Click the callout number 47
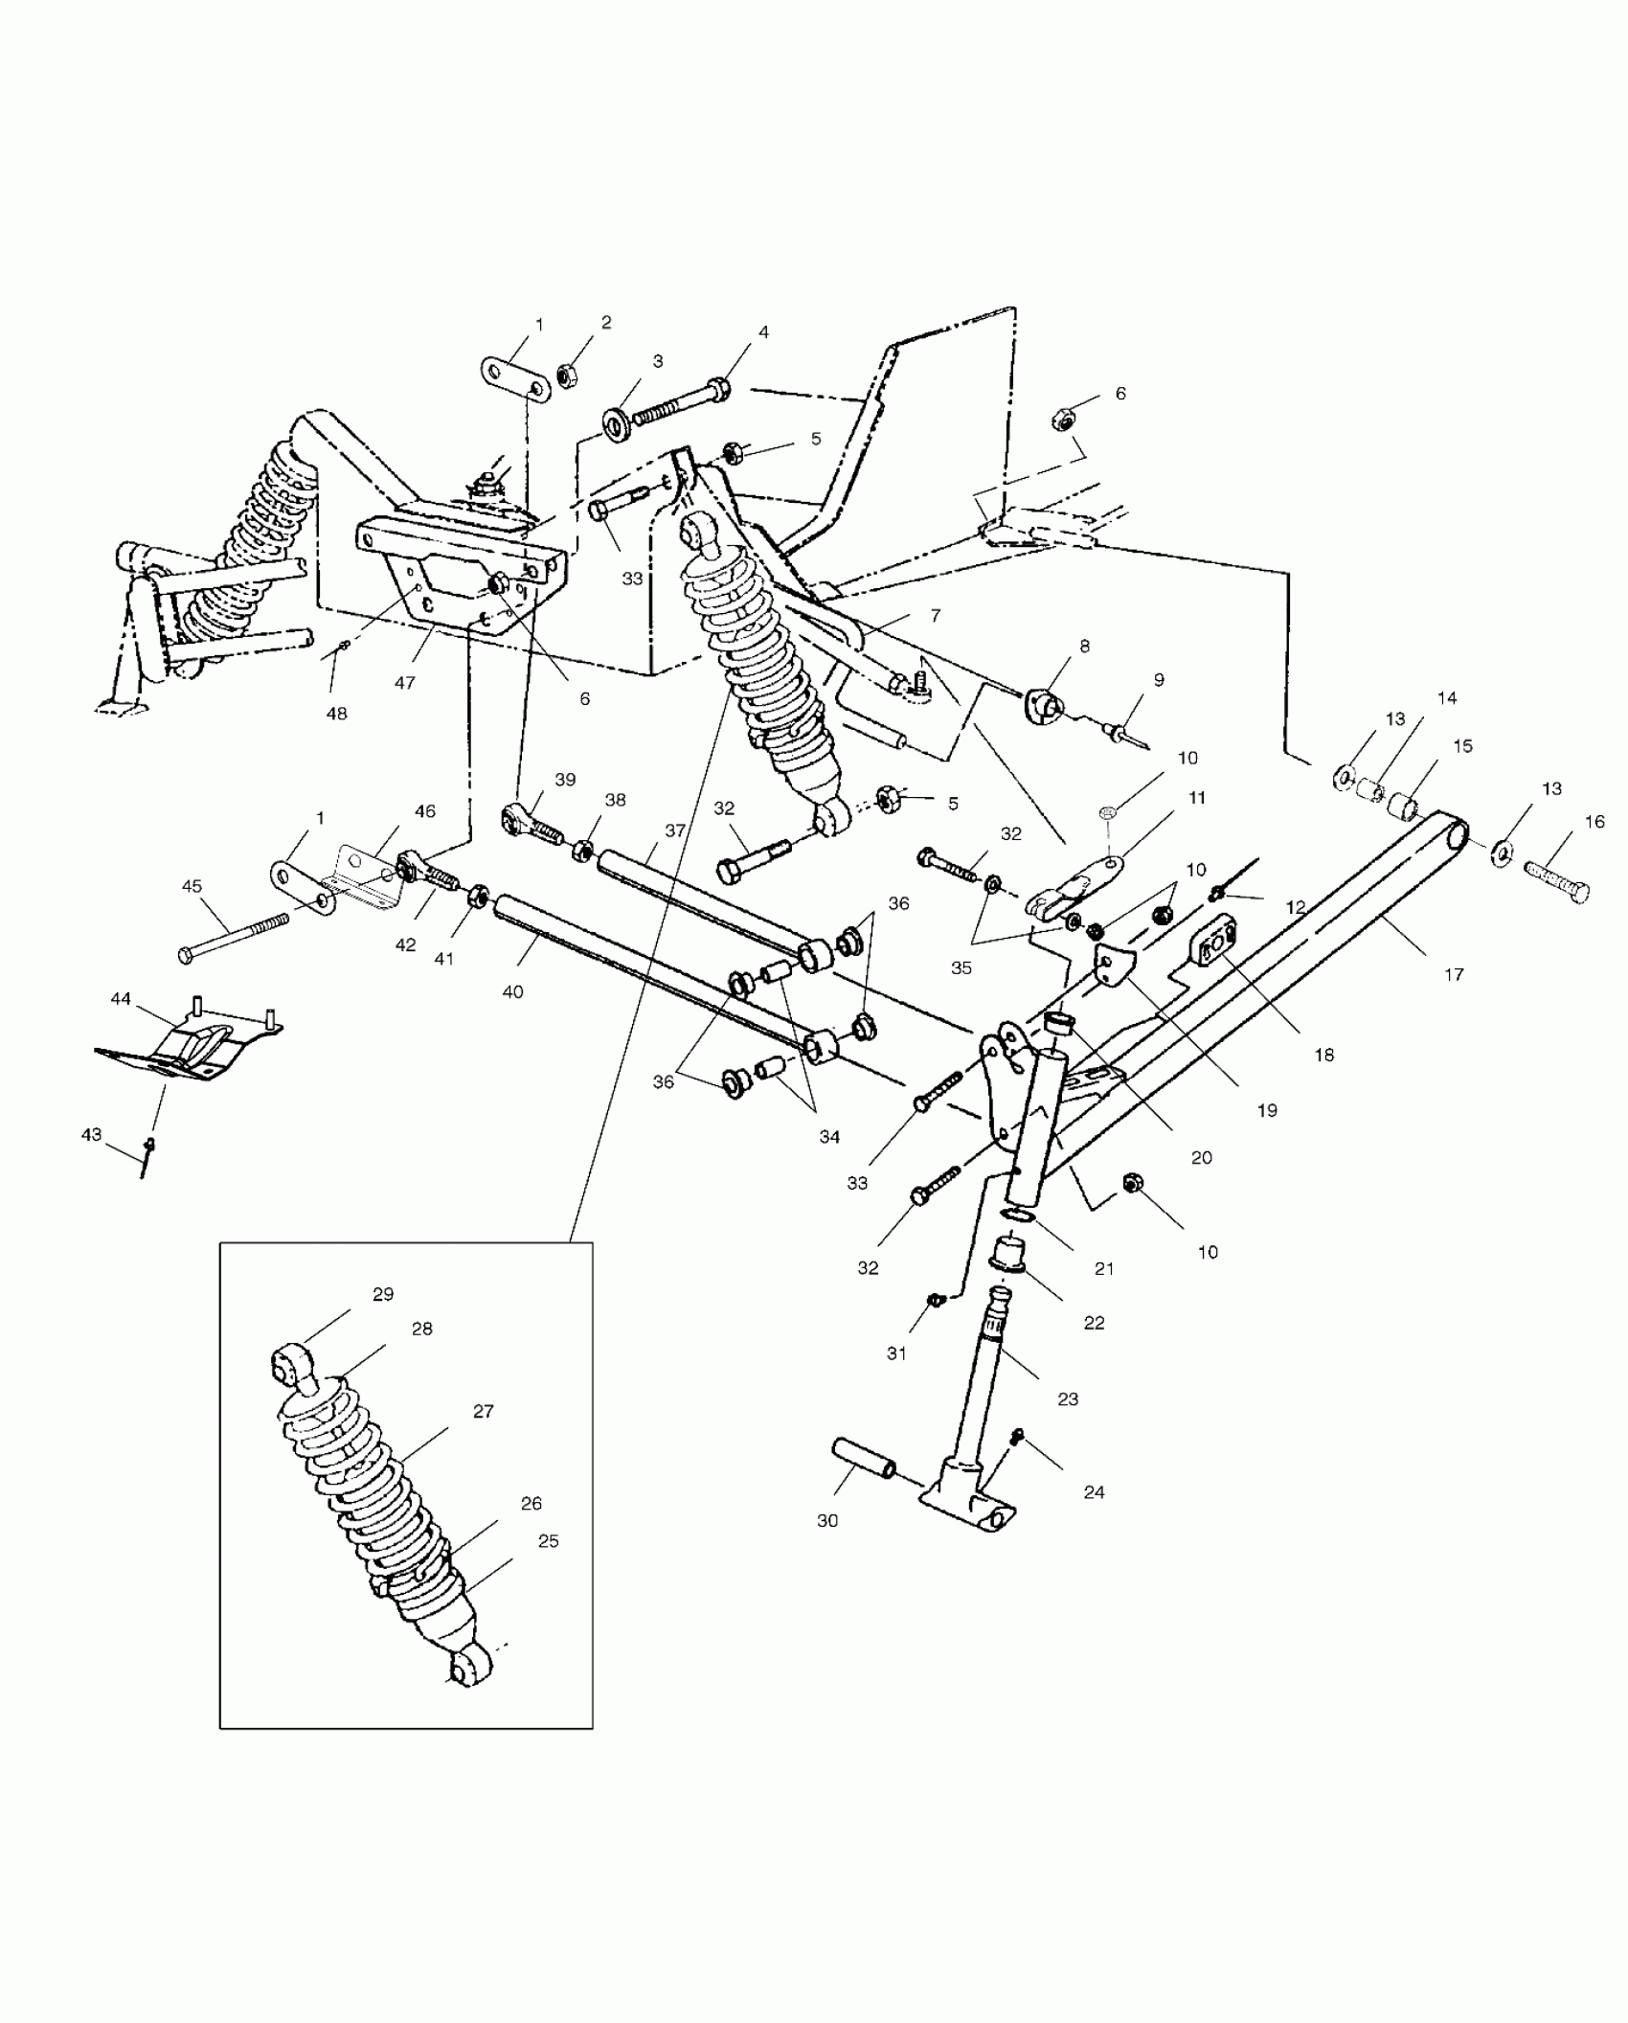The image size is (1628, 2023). [404, 683]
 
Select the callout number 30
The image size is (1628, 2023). [827, 1520]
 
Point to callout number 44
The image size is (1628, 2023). [121, 998]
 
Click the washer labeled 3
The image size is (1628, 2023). [616, 422]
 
